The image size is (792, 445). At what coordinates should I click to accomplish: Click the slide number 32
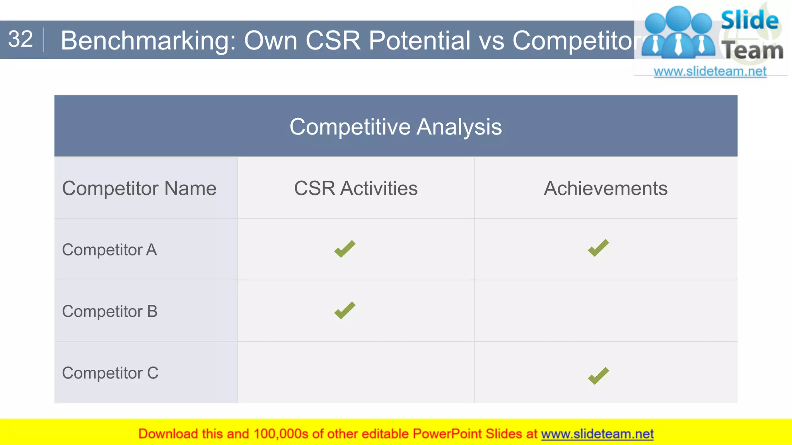(20, 39)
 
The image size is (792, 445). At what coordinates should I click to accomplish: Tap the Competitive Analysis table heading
(396, 127)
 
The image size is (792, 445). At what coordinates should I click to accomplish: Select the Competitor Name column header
(139, 189)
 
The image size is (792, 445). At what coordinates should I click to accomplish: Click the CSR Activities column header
(356, 189)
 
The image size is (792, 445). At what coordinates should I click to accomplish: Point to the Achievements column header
(606, 189)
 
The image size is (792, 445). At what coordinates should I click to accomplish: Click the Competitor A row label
(109, 250)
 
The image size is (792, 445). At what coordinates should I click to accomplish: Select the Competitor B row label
(110, 311)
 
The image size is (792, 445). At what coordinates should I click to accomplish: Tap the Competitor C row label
(110, 373)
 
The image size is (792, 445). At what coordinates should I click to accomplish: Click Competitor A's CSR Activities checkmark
(345, 249)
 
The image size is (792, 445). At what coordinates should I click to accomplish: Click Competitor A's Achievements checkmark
(598, 248)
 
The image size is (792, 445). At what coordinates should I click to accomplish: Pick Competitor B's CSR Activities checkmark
(345, 311)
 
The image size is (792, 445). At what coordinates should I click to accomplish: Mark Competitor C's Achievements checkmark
(598, 376)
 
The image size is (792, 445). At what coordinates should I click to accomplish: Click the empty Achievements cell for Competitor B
(606, 311)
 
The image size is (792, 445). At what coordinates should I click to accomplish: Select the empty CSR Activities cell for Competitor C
(356, 373)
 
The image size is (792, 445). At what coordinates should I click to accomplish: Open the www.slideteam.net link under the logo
(710, 71)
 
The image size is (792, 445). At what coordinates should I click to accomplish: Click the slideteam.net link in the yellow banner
(597, 434)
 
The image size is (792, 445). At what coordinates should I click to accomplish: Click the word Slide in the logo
(749, 20)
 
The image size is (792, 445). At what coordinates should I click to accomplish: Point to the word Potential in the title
(419, 41)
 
